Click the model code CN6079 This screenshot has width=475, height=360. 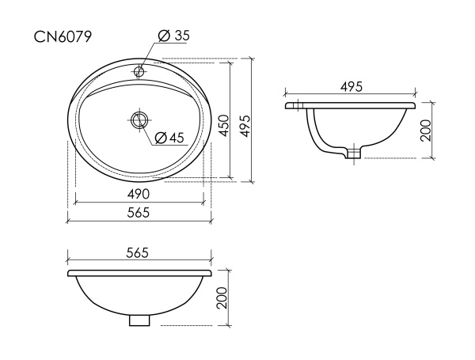click(x=63, y=37)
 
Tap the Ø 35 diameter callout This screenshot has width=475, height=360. click(x=174, y=36)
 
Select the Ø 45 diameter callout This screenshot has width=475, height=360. click(x=169, y=138)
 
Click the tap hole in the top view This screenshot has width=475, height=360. click(x=139, y=71)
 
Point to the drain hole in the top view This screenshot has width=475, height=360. click(x=139, y=119)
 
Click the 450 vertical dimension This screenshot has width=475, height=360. click(x=224, y=125)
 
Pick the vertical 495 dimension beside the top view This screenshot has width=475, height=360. click(x=245, y=126)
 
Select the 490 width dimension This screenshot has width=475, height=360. click(x=139, y=194)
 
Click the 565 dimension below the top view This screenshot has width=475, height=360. click(x=139, y=213)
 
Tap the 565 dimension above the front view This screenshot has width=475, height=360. click(x=138, y=252)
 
